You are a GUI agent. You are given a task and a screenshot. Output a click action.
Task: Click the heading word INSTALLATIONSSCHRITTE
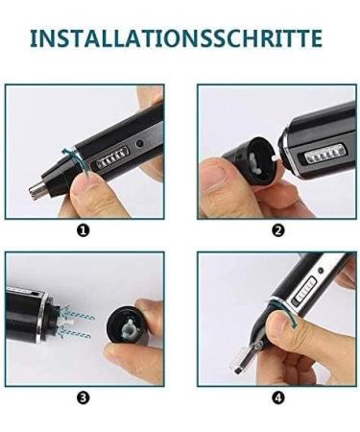(x=175, y=38)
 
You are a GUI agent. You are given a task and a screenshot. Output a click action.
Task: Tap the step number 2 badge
(x=277, y=230)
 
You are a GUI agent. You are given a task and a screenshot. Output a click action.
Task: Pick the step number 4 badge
(x=277, y=397)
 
